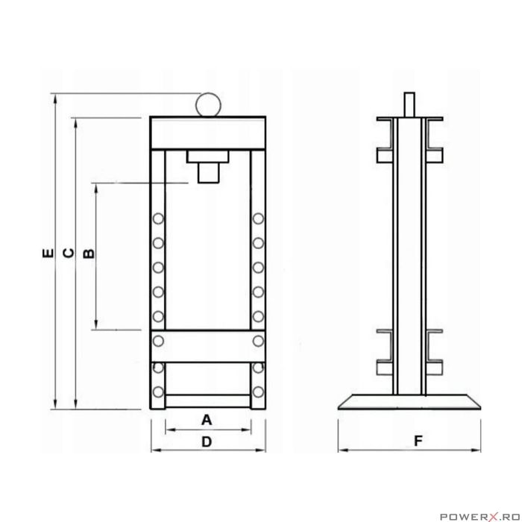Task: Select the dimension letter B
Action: pyautogui.click(x=88, y=254)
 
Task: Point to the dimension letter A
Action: pyautogui.click(x=207, y=420)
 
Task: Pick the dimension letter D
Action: pyautogui.click(x=207, y=442)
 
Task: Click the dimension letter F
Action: pyautogui.click(x=419, y=441)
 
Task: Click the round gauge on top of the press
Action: pyautogui.click(x=207, y=103)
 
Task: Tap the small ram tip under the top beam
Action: pyautogui.click(x=208, y=173)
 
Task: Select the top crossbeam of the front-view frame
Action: pyautogui.click(x=208, y=133)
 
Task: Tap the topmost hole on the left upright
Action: pyautogui.click(x=158, y=218)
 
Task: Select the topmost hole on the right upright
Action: pyautogui.click(x=258, y=218)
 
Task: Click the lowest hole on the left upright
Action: pyautogui.click(x=158, y=392)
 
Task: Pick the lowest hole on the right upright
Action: pyautogui.click(x=258, y=392)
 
